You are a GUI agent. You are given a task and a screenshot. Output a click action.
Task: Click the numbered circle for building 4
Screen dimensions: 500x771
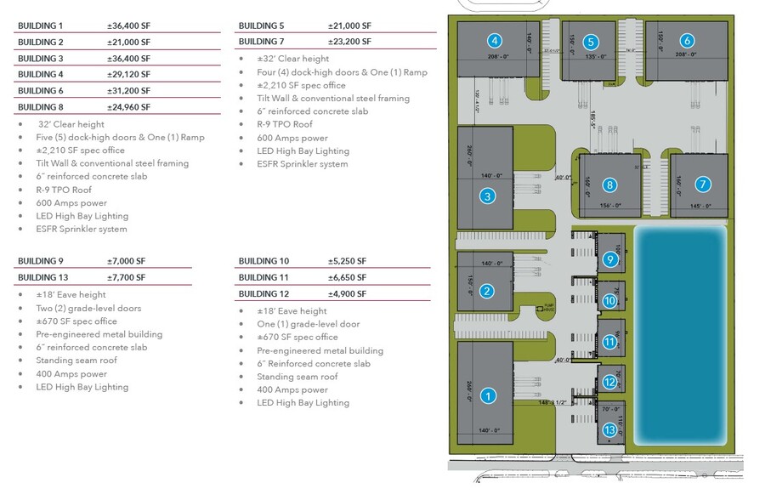(x=494, y=40)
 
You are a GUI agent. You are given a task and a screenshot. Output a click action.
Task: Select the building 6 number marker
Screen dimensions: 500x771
(x=687, y=40)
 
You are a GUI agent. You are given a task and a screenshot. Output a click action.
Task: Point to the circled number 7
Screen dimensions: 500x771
(x=702, y=184)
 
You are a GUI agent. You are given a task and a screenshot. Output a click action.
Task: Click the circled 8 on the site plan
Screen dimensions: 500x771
(x=609, y=185)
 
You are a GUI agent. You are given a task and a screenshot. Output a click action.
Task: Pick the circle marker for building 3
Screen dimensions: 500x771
(x=487, y=196)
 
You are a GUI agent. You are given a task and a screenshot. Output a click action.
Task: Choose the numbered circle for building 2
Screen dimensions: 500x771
(x=487, y=292)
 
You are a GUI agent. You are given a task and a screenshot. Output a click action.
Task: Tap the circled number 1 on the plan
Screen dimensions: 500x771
(x=488, y=395)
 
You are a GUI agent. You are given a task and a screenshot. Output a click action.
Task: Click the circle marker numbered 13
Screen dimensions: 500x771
(x=609, y=430)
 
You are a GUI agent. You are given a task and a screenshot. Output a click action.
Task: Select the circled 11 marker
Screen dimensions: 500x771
(x=609, y=342)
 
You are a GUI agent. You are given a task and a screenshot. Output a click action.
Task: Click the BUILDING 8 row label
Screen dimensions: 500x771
(x=41, y=107)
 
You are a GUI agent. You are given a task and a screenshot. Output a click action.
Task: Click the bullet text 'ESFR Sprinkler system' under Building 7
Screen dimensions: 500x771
(x=303, y=164)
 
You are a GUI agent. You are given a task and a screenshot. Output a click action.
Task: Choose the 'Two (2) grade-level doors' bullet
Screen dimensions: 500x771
(x=88, y=309)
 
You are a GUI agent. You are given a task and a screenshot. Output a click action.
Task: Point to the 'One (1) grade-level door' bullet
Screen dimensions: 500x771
(x=309, y=325)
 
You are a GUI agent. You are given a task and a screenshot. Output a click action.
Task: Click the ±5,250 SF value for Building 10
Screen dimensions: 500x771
(x=347, y=261)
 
